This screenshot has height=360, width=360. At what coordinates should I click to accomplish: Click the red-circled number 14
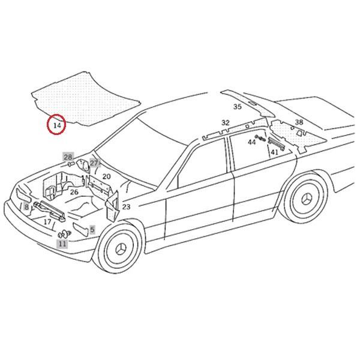click(57, 125)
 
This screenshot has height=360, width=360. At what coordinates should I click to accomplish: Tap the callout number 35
click(238, 107)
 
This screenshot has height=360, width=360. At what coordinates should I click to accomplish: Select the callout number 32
click(225, 122)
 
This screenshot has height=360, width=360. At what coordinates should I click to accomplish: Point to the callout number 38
click(299, 122)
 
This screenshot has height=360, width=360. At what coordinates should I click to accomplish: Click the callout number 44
click(252, 142)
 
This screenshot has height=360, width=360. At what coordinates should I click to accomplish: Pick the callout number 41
click(274, 152)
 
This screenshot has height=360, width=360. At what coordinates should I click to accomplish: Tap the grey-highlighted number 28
click(68, 157)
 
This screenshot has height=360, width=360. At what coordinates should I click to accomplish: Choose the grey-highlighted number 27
click(94, 163)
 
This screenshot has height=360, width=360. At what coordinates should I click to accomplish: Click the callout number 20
click(106, 176)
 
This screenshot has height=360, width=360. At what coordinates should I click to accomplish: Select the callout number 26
click(74, 192)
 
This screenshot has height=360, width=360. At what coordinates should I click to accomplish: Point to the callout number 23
click(126, 207)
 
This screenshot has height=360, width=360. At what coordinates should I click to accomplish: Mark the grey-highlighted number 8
click(26, 207)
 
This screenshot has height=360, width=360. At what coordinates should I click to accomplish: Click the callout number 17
click(47, 221)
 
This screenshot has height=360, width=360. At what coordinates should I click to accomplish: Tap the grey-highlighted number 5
click(92, 229)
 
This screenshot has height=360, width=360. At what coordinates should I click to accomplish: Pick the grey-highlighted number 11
click(62, 244)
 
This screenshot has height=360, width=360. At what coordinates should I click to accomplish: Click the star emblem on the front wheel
click(122, 250)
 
